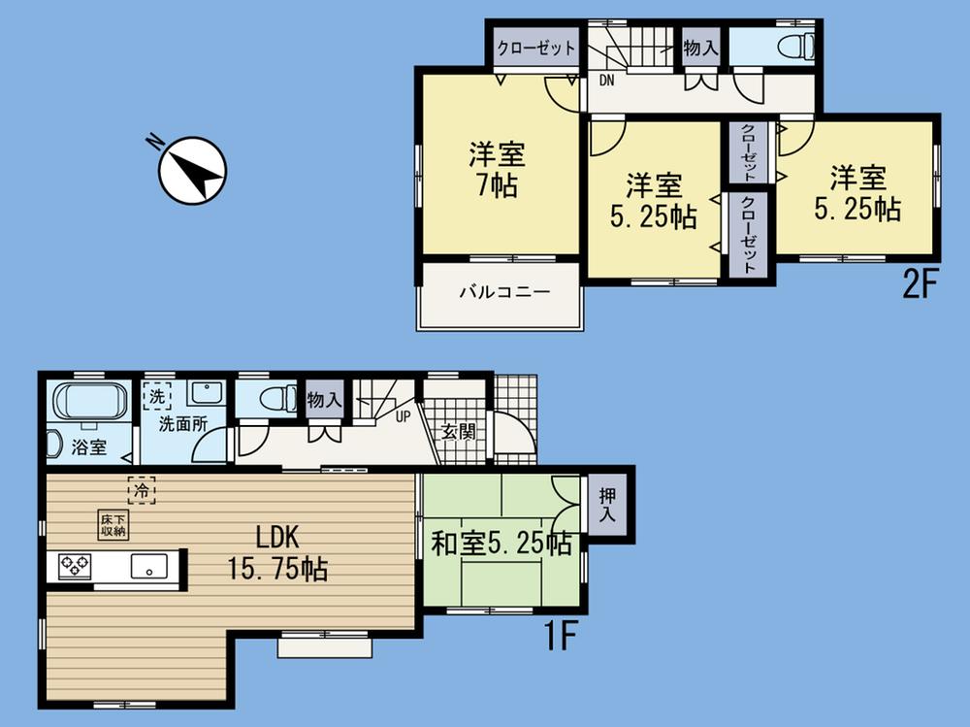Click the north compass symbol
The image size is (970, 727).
tap(191, 171)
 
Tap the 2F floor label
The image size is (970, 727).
tap(921, 286)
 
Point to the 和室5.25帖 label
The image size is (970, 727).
tap(501, 545)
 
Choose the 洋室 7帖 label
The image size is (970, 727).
tap(498, 169)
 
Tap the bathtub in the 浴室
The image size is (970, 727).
tap(88, 402)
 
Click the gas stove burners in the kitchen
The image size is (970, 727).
tap(75, 565)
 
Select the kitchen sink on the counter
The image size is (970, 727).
tap(149, 566)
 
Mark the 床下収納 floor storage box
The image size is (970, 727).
tap(112, 525)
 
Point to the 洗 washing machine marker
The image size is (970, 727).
tap(157, 396)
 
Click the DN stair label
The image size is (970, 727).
tap(606, 81)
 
